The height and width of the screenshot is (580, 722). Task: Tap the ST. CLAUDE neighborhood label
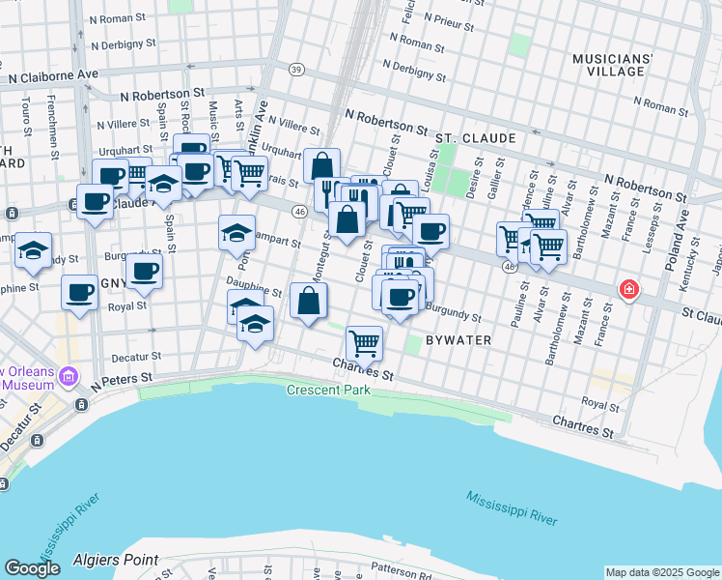471,139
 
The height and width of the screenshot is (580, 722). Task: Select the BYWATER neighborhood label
459,341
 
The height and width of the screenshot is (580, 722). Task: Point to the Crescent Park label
327,390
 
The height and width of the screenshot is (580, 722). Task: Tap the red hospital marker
628,289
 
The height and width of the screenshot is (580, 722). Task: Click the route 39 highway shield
296,69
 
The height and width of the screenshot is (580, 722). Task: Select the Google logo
32,568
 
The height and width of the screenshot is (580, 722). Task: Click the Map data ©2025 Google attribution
662,572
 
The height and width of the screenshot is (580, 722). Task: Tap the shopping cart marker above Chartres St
364,342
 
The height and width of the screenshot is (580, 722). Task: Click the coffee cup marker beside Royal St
79,291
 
